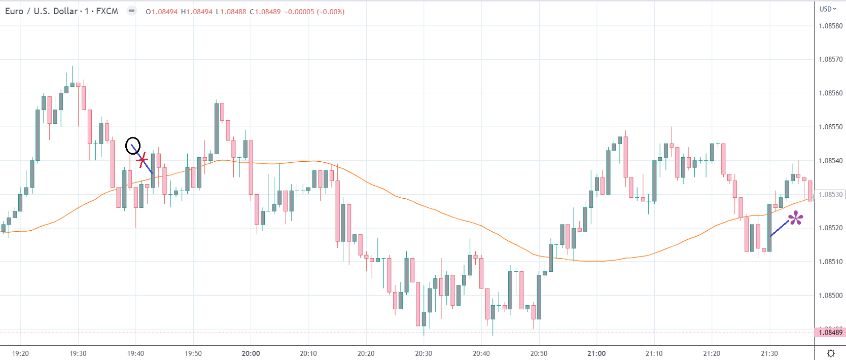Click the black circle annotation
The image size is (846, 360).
tap(133, 146)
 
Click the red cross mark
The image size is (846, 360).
tap(143, 160)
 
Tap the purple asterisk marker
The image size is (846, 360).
tap(796, 219)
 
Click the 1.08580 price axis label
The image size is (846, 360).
tap(830, 26)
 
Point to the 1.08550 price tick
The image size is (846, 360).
tap(830, 127)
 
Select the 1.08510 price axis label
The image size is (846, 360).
tap(830, 262)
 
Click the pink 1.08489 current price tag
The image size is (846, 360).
tap(830, 333)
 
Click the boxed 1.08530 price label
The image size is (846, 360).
tap(830, 194)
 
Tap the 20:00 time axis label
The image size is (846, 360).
tap(251, 353)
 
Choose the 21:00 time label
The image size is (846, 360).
tap(596, 353)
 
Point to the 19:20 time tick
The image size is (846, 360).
tap(20, 353)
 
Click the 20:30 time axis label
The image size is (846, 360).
tap(424, 353)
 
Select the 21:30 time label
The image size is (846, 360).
tap(769, 353)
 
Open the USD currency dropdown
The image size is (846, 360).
tap(828, 9)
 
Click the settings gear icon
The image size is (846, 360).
tap(831, 353)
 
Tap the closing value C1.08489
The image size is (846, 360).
tap(265, 12)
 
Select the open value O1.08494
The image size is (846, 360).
tap(162, 12)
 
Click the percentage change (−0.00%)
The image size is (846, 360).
tap(331, 12)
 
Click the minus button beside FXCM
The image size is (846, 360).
tap(131, 11)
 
